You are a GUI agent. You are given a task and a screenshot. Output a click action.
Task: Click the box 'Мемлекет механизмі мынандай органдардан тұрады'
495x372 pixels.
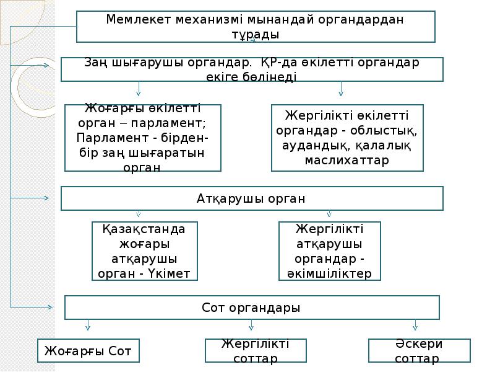(256, 27)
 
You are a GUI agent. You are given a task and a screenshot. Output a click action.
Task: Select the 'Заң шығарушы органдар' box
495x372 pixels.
(252, 69)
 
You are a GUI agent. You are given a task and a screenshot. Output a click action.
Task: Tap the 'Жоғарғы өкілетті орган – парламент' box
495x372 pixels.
(143, 138)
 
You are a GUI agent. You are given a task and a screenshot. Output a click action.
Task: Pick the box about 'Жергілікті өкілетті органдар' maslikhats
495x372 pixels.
(347, 138)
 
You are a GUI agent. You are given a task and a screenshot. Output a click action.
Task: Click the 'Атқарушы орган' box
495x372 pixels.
(252, 198)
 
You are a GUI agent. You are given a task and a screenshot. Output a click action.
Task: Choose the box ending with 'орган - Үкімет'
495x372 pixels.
(145, 251)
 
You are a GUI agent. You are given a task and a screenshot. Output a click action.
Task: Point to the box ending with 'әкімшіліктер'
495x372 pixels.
(329, 251)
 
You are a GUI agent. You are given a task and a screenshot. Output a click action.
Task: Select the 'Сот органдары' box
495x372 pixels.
(252, 308)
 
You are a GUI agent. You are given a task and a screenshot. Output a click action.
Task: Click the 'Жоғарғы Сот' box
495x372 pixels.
(88, 351)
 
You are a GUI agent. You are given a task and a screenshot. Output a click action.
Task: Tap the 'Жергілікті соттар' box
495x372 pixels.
(256, 351)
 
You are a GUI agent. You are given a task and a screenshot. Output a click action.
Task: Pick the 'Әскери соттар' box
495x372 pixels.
(419, 351)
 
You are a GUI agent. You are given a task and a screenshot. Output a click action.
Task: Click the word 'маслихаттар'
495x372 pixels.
(347, 160)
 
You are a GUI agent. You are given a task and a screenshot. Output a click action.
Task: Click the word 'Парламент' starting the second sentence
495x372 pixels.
(107, 136)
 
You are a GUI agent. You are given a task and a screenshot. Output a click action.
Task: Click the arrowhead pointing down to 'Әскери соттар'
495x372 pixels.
(415, 325)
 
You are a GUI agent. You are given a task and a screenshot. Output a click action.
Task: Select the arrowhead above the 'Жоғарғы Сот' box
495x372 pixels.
(88, 325)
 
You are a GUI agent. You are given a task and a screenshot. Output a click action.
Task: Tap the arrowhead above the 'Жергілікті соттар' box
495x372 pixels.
(251, 325)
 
